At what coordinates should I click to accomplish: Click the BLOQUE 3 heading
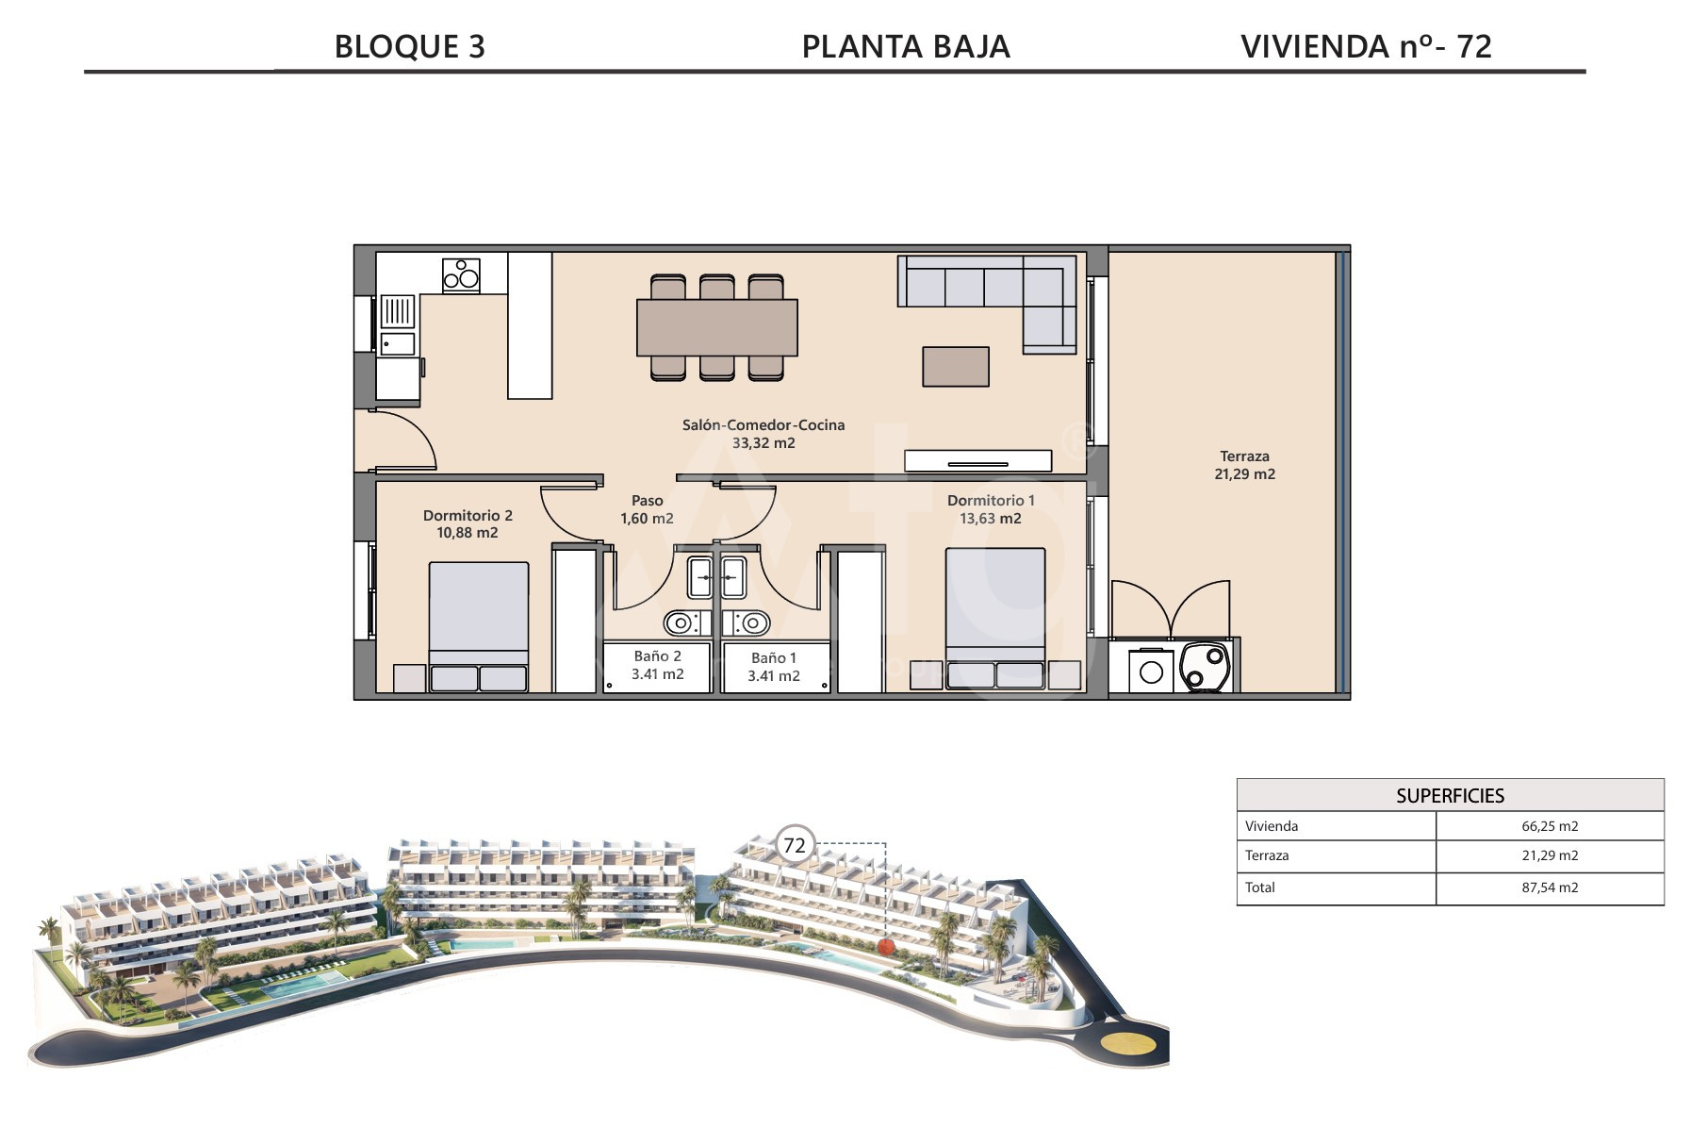[x=410, y=46]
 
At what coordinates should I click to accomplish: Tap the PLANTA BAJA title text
[x=906, y=46]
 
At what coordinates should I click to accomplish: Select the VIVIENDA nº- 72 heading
[x=1366, y=46]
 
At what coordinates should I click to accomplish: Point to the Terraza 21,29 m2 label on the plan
[x=1244, y=465]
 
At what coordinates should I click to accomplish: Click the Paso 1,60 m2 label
[x=647, y=509]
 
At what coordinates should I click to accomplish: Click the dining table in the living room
[x=717, y=327]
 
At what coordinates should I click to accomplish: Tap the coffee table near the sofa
[x=956, y=367]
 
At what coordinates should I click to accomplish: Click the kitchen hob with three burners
[x=461, y=275]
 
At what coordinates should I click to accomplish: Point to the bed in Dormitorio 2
[x=479, y=627]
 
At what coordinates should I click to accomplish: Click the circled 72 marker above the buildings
[x=795, y=844]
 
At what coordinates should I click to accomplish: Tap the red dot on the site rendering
[x=884, y=945]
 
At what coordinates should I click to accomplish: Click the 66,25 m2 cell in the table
[x=1550, y=826]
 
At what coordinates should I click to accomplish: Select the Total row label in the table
[x=1260, y=887]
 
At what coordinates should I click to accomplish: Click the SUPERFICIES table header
[x=1450, y=795]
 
